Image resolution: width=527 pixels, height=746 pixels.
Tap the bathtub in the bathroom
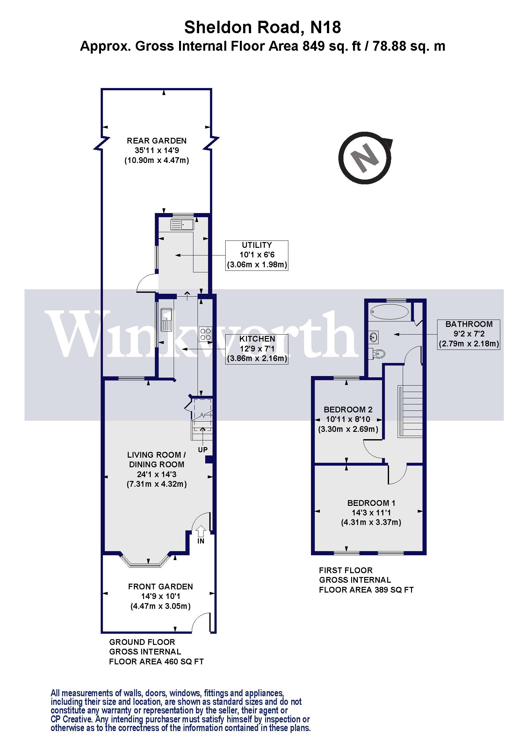389,312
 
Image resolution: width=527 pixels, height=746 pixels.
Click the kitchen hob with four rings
206,334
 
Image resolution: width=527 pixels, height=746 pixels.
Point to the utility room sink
182,225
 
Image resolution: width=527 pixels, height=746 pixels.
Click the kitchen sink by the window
166,320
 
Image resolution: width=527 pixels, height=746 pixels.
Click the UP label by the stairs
203,450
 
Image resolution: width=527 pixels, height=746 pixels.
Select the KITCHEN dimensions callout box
256,349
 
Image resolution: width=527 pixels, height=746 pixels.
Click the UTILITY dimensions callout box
256,255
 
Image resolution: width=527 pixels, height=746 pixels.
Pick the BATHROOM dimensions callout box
468,334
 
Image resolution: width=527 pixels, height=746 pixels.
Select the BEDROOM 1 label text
371,503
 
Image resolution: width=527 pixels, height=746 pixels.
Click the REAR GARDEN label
156,141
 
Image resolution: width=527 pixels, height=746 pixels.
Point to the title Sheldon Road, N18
263,27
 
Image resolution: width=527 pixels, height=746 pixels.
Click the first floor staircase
410,411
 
